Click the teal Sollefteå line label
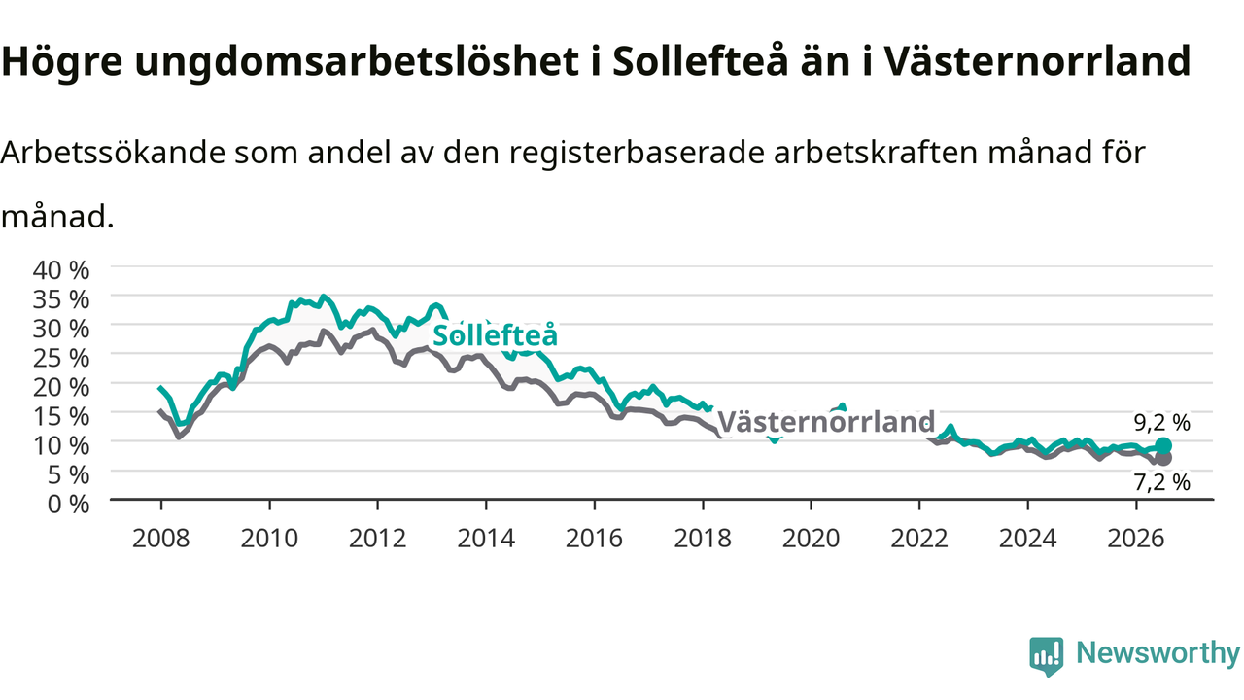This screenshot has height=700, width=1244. (x=495, y=335)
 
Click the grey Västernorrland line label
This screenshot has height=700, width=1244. (x=826, y=422)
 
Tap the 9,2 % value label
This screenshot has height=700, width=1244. (x=1161, y=423)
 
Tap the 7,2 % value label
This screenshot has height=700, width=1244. (x=1161, y=482)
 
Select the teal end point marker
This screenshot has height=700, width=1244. (x=1163, y=445)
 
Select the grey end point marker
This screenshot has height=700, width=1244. (x=1163, y=458)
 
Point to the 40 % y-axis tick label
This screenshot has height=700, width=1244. (x=61, y=270)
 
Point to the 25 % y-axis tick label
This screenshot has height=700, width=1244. (x=61, y=359)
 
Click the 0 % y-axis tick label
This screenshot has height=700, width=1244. (x=68, y=505)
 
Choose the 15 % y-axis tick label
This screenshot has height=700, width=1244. (x=61, y=417)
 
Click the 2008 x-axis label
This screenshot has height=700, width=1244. (x=161, y=539)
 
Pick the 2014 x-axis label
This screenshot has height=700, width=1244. (x=486, y=539)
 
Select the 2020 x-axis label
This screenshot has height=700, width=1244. (x=811, y=539)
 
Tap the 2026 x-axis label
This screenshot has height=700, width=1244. (x=1136, y=539)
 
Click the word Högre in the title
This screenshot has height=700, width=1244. (x=61, y=61)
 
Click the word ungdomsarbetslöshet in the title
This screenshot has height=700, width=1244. (x=357, y=61)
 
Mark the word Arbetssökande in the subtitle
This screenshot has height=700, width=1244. (x=114, y=153)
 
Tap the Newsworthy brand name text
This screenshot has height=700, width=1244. (x=1158, y=652)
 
